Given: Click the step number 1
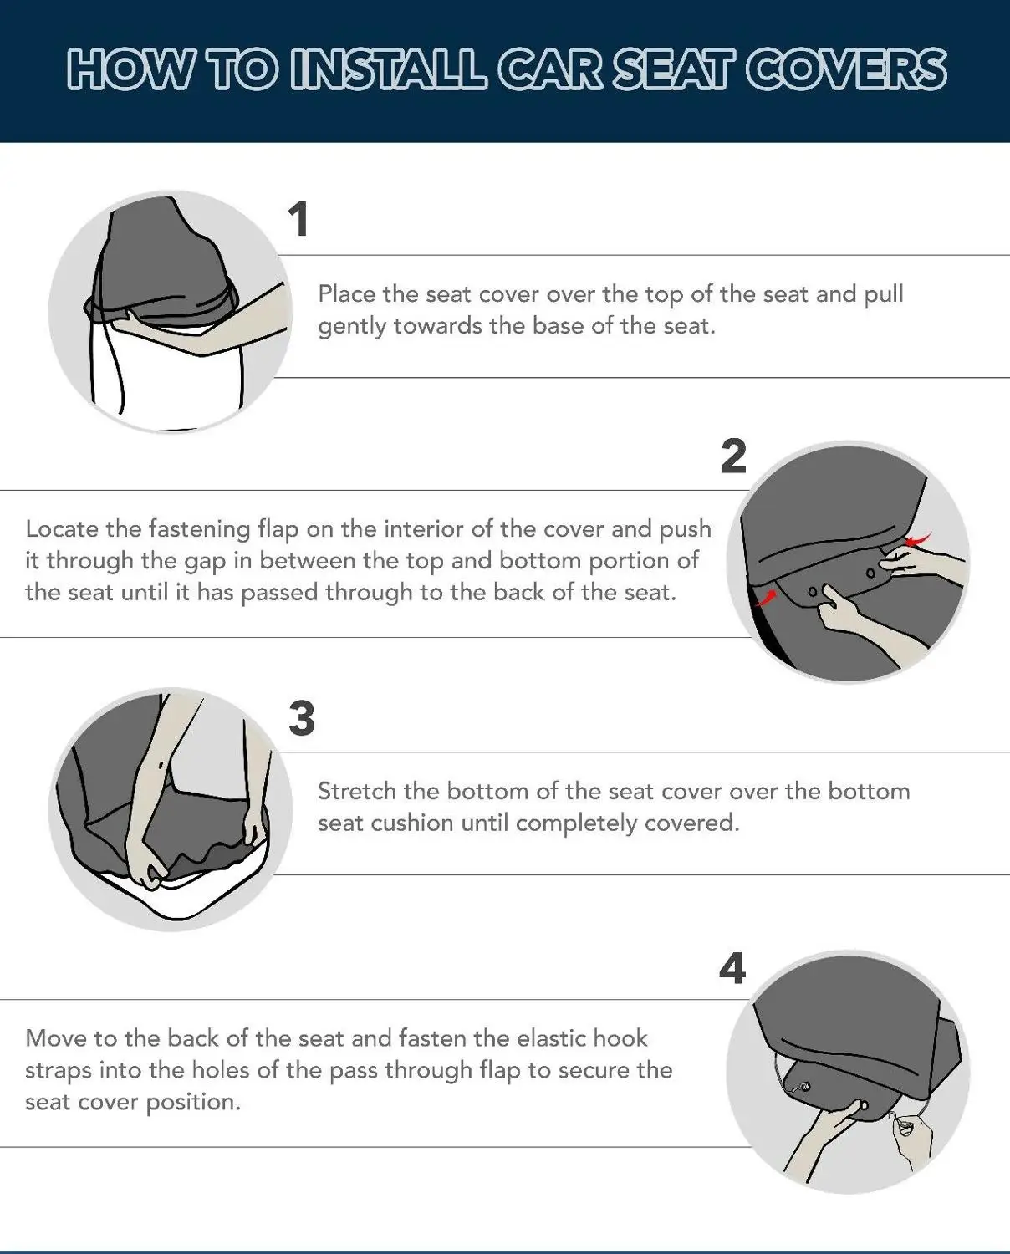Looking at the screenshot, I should pos(298,220).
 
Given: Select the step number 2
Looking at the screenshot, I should pos(733,456).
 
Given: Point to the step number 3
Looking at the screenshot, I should pos(302,718).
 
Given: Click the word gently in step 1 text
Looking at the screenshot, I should pos(352,326).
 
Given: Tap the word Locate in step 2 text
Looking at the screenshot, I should pos(61,529).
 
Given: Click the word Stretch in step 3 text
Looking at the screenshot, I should pos(357,791).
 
